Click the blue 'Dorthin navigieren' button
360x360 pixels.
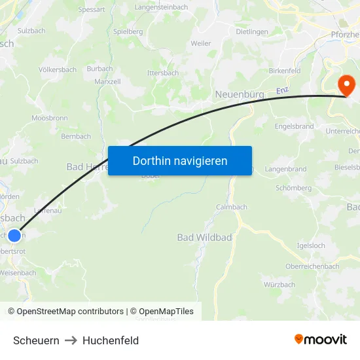click(x=180, y=160)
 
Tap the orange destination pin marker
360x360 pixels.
click(x=345, y=86)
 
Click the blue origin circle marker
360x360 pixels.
click(x=14, y=234)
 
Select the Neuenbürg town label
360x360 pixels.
click(x=240, y=95)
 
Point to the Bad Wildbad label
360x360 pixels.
click(x=204, y=237)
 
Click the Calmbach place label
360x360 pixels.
click(x=232, y=207)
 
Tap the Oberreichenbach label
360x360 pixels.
click(x=312, y=266)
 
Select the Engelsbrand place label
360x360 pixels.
click(x=294, y=126)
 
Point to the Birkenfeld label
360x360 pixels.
click(x=284, y=71)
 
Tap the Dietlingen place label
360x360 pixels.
click(x=252, y=31)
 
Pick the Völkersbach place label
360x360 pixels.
click(x=58, y=69)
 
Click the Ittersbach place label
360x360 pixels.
click(x=163, y=73)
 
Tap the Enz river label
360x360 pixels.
click(x=281, y=91)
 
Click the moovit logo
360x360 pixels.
click(x=321, y=340)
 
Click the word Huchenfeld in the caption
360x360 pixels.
click(x=111, y=340)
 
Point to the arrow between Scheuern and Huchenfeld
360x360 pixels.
click(x=71, y=340)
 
